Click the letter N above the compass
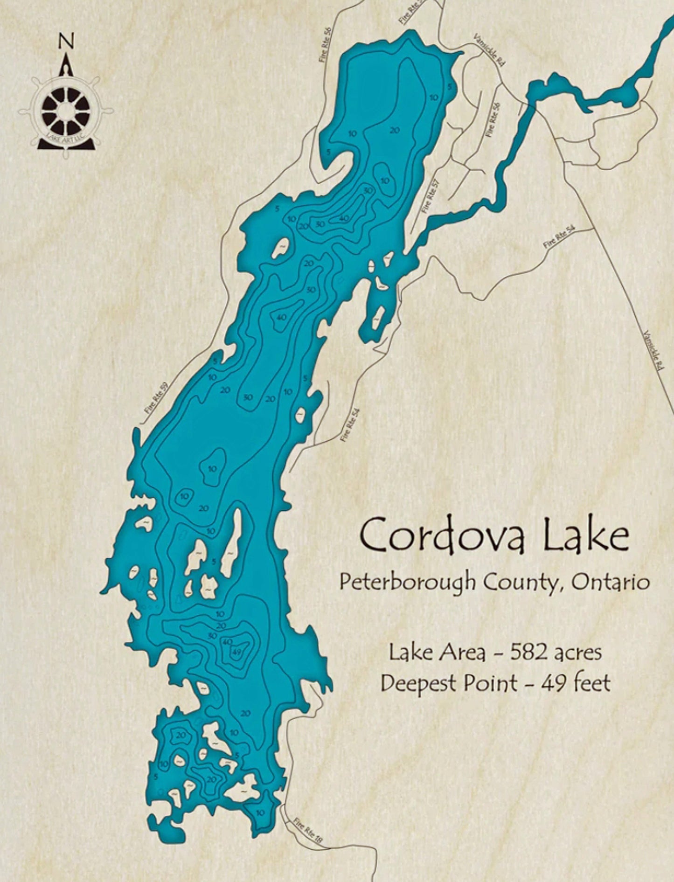pos(65,42)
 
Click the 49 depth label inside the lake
pos(236,652)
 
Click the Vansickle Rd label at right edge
pos(653,350)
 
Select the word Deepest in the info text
pos(420,684)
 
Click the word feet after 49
pos(592,683)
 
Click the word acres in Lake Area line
pos(580,653)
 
